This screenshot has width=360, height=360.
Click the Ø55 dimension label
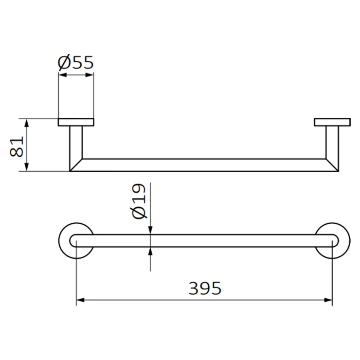(x=76, y=62)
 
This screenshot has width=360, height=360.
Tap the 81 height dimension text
(x=17, y=146)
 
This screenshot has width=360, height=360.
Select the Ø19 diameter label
(x=139, y=201)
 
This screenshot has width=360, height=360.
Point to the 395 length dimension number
(x=205, y=288)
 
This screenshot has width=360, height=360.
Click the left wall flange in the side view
(x=76, y=122)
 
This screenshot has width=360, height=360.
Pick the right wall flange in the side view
(x=332, y=122)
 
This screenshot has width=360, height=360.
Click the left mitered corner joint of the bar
(x=76, y=165)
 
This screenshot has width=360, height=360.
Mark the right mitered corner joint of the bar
(x=332, y=165)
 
